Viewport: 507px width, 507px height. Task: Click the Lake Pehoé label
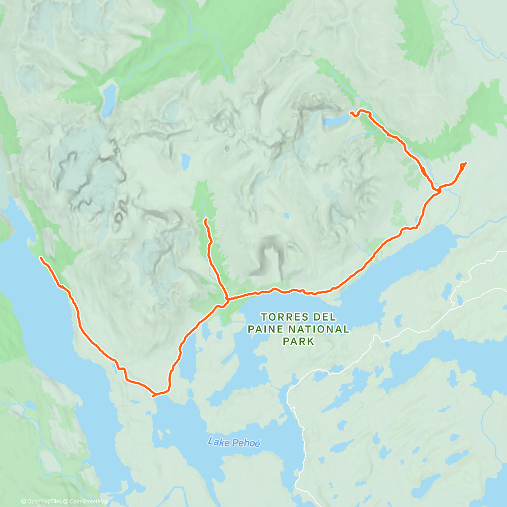[x=234, y=442]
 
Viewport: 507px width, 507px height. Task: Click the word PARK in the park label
[x=299, y=341]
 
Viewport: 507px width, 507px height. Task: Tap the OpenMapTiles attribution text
[x=41, y=502]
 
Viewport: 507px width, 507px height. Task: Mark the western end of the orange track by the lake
[x=41, y=257]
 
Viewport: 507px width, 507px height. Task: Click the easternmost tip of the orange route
[x=466, y=163]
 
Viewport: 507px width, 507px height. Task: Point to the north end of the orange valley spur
[x=205, y=220]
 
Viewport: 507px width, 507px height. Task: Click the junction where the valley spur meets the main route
[x=227, y=300]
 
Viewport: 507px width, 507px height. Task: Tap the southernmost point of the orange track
[x=154, y=395]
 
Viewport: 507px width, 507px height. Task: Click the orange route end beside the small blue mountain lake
[x=351, y=112]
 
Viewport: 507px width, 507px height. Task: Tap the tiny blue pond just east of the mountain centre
[x=286, y=215]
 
